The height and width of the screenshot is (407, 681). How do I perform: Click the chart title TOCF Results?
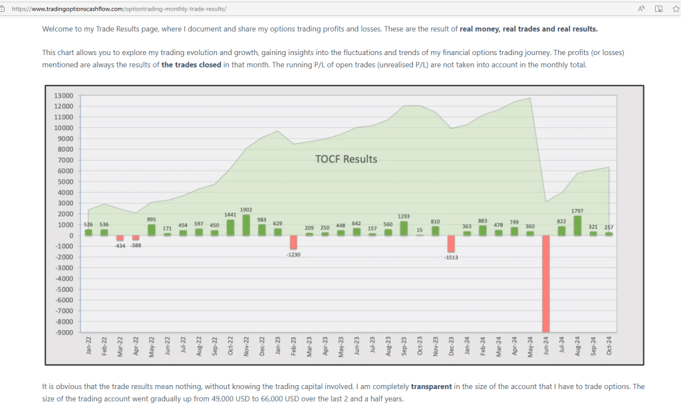coord(346,159)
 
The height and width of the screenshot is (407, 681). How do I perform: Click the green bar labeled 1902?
coord(246,225)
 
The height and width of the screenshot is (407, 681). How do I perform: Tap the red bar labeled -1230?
coord(294,242)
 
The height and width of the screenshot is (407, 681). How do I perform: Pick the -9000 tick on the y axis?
coord(63,333)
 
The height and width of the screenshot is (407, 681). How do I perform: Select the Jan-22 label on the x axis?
coord(88,347)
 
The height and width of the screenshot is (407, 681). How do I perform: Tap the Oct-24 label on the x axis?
coord(609,347)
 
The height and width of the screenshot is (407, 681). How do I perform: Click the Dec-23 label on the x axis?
coord(452,347)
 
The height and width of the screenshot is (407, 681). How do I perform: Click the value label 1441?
coord(230,214)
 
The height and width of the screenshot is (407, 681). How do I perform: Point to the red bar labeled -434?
coord(120,238)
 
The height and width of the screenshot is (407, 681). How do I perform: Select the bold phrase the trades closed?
coord(192,65)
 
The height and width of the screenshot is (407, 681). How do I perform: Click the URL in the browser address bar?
coord(119,9)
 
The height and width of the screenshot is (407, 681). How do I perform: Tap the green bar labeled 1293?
coord(404,228)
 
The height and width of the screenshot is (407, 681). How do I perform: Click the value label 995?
coord(152,219)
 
